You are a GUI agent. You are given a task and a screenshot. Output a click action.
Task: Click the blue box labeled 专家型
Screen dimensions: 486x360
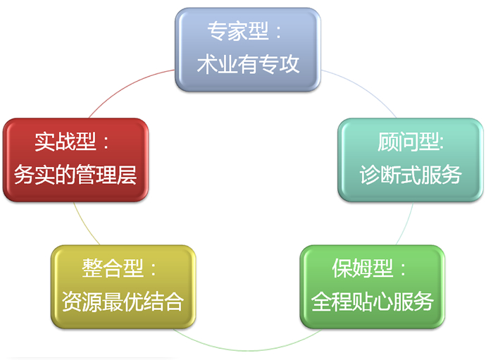pyautogui.click(x=248, y=49)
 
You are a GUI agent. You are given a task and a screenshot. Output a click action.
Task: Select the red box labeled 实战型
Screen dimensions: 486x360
pyautogui.click(x=75, y=160)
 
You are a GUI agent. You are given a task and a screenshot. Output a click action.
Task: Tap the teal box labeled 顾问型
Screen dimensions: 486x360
pyautogui.click(x=411, y=160)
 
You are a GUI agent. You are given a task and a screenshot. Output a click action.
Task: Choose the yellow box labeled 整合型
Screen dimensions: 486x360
pyautogui.click(x=123, y=287)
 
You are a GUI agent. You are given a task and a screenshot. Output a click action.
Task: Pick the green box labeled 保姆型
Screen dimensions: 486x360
pyautogui.click(x=373, y=287)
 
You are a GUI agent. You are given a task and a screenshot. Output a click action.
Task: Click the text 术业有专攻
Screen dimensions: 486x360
pyautogui.click(x=248, y=64)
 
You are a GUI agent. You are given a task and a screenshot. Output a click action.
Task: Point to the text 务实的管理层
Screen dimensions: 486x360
pyautogui.click(x=75, y=175)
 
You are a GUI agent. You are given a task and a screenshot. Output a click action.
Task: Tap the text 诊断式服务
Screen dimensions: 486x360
pyautogui.click(x=411, y=175)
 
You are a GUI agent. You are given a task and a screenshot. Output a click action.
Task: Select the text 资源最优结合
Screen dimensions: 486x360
pyautogui.click(x=123, y=302)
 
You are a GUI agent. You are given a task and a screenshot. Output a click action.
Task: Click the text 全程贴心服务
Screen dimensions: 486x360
pyautogui.click(x=373, y=302)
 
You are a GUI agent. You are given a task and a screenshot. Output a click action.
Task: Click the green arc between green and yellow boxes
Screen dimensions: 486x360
pyautogui.click(x=248, y=350)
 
